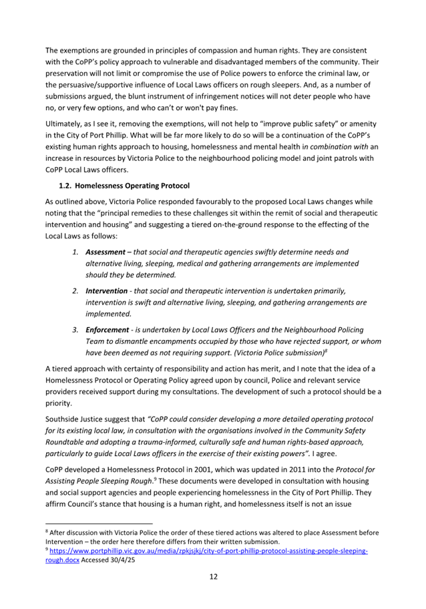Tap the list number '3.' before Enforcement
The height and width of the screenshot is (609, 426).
coord(76,330)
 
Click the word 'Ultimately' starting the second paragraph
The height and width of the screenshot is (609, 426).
coord(67,124)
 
